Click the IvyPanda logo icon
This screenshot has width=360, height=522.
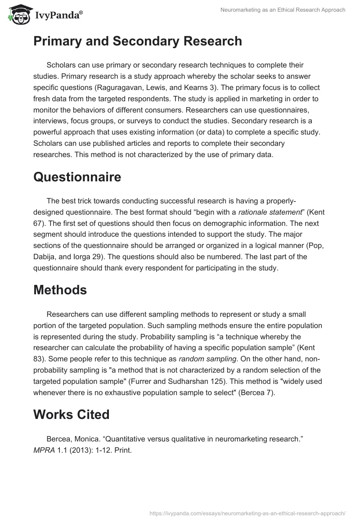[x=18, y=14]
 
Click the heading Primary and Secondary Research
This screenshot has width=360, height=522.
[x=137, y=41]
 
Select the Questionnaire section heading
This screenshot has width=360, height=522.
[x=77, y=177]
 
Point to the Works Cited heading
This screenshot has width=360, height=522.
[x=72, y=414]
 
